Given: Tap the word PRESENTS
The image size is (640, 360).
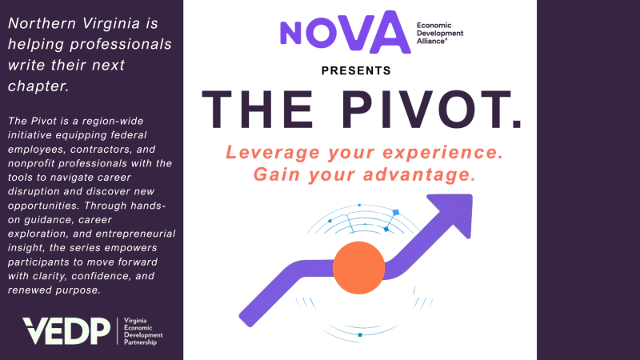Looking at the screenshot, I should click(356, 70).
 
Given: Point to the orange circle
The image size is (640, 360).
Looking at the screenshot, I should click(359, 269).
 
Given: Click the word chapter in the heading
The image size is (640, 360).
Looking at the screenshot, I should click(38, 84).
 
